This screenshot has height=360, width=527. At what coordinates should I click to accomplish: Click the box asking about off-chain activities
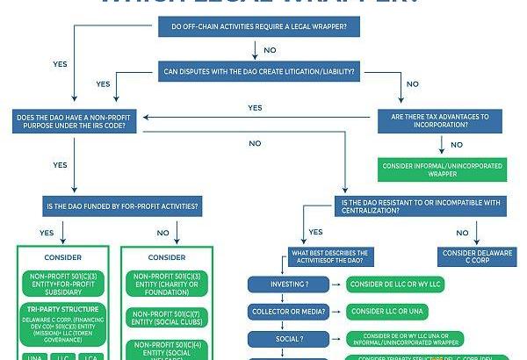coord(258,27)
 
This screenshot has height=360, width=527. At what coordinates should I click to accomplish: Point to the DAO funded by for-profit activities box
coord(121,208)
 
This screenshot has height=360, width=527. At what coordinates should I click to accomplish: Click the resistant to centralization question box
coord(420,208)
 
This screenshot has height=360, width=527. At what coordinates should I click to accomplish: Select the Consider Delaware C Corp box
coord(474,256)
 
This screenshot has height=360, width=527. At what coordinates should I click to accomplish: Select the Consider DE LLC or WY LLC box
coord(395,284)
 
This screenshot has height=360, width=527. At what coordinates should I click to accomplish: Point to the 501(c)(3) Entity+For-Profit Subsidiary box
coord(62,282)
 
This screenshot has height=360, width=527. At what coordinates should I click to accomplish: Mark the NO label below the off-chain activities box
coord(269,50)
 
